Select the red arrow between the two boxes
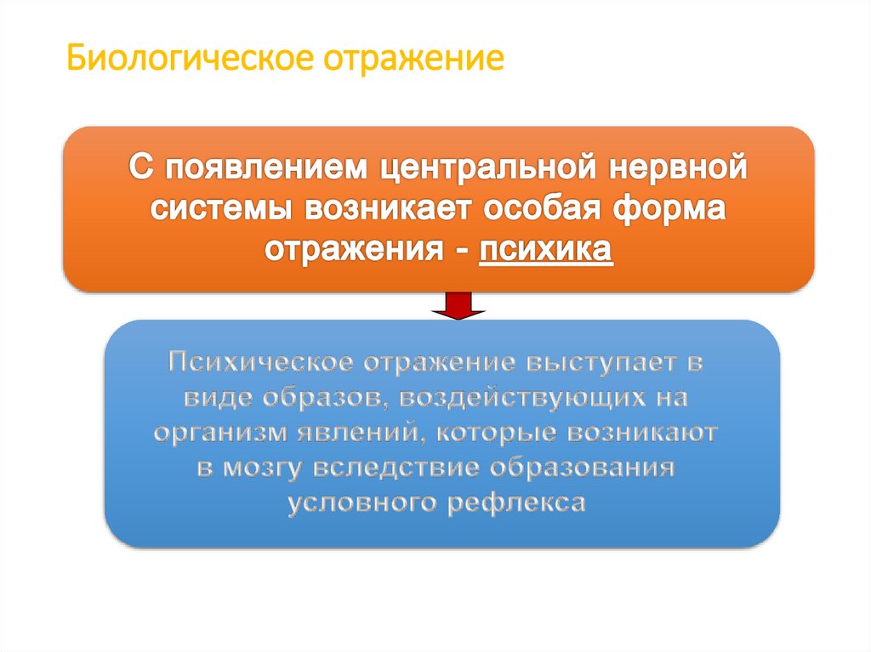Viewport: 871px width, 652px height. tap(458, 306)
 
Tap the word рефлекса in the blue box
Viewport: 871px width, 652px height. tap(515, 502)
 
